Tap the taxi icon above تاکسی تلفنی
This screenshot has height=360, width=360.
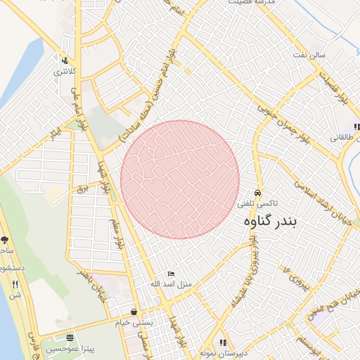[258, 191]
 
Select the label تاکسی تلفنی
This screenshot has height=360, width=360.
[257, 202]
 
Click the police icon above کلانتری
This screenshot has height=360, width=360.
[65, 60]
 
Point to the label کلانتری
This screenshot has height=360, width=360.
[65, 72]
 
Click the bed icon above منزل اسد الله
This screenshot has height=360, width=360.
[171, 273]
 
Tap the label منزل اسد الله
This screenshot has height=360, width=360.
[167, 284]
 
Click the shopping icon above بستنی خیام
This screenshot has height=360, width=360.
[134, 311]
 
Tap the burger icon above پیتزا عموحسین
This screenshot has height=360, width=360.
[70, 338]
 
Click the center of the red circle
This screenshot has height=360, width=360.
[180, 179]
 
